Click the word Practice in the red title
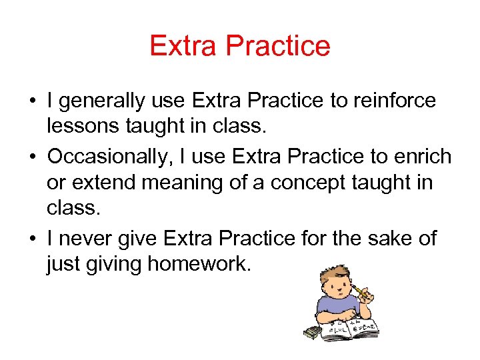[x=278, y=46]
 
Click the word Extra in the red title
[x=185, y=46]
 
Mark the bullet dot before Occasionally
[x=32, y=157]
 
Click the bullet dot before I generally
[x=32, y=101]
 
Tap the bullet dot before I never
[x=32, y=239]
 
